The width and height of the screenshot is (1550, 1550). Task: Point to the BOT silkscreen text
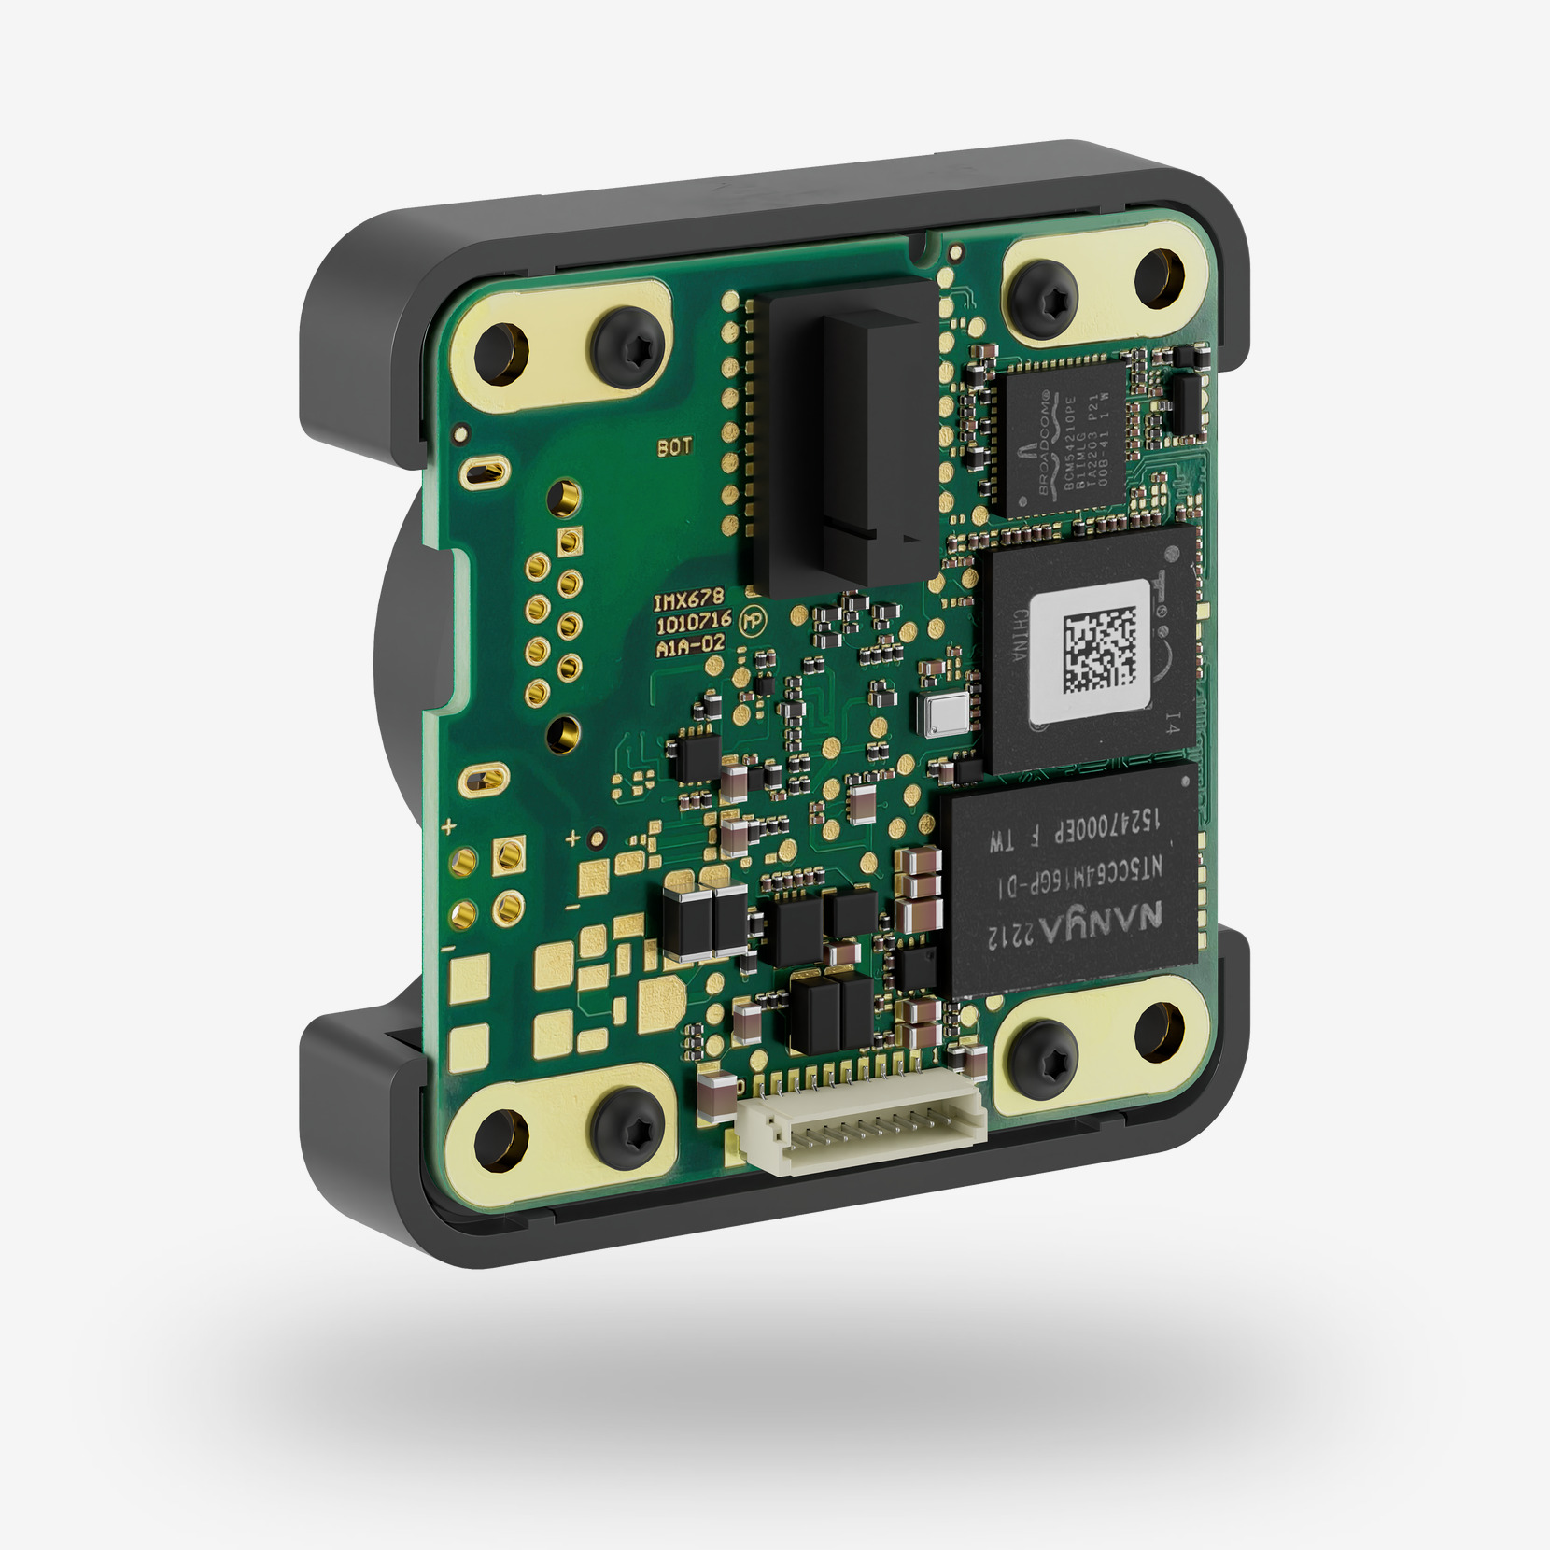pos(674,447)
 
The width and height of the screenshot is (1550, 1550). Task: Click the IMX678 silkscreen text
pos(688,600)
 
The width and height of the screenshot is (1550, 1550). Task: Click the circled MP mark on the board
pos(752,621)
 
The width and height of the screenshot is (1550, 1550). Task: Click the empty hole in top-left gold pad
pos(501,355)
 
